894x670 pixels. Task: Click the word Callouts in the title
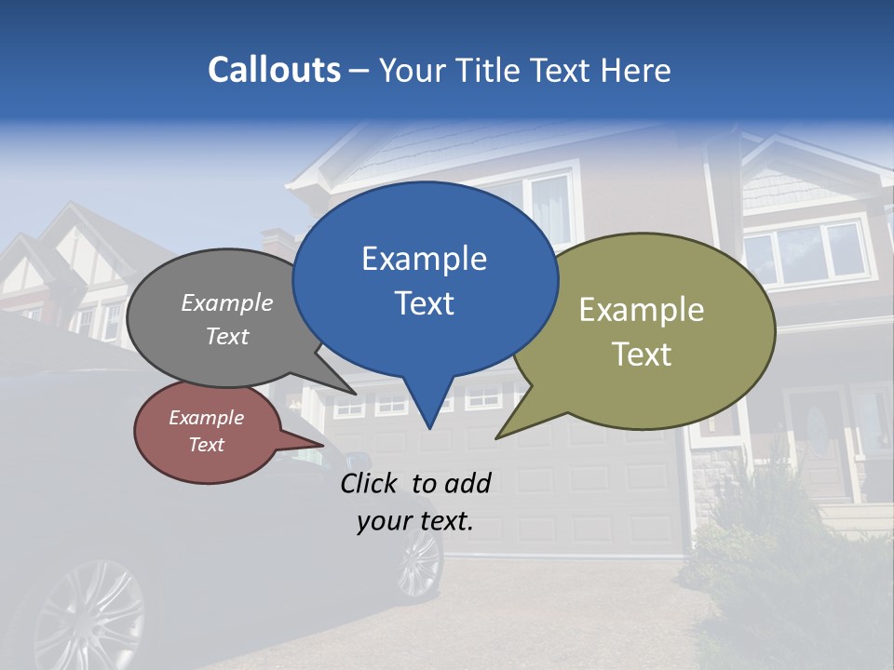tap(274, 71)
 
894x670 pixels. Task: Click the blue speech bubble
tap(425, 279)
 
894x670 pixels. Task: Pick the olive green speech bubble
tap(652, 330)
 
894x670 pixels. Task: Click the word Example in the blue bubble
tap(424, 259)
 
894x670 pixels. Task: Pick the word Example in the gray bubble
tap(227, 303)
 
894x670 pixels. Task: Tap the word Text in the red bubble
tap(206, 445)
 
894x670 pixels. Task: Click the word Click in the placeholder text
tap(372, 483)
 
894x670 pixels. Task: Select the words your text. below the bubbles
tap(415, 521)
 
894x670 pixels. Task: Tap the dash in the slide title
tap(359, 71)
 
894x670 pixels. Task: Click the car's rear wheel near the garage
tap(420, 563)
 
